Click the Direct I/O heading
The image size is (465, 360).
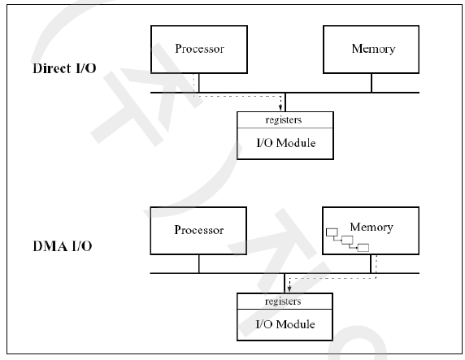tap(64, 68)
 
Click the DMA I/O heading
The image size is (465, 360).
tap(63, 246)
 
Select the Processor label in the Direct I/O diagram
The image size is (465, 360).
tap(199, 49)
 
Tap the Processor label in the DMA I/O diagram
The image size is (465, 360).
tap(198, 230)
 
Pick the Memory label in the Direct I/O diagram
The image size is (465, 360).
tap(373, 49)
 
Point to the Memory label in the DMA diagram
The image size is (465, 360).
tap(372, 228)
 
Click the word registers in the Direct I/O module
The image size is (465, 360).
tap(284, 119)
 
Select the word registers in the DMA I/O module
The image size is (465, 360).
tap(283, 301)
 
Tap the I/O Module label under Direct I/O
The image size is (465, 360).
tap(286, 143)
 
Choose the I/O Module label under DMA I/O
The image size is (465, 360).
tap(285, 324)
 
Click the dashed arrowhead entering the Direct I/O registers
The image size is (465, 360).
tap(280, 108)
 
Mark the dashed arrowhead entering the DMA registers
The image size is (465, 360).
tap(289, 289)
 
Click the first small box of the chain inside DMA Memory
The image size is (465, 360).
tap(332, 232)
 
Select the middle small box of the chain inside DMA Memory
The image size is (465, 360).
tap(347, 240)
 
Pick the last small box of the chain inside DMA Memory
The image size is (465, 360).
tap(363, 248)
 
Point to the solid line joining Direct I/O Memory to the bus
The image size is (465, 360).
tap(372, 83)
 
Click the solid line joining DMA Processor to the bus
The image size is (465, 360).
tap(199, 263)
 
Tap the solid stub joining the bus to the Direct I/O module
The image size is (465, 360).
tap(285, 102)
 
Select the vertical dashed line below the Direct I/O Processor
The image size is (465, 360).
tap(193, 85)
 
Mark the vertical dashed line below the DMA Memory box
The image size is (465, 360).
tap(376, 266)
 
